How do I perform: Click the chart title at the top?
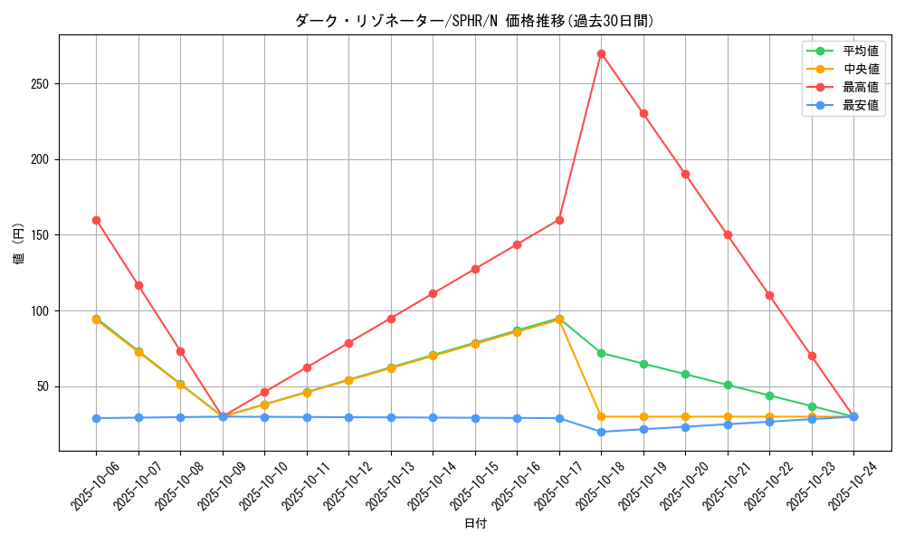click(474, 21)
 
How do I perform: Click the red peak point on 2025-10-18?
click(601, 53)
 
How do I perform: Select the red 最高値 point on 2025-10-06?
click(96, 220)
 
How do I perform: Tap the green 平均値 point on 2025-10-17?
click(559, 319)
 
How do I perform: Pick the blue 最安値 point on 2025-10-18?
click(601, 432)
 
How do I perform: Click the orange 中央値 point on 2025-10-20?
click(685, 416)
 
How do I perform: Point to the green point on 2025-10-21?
click(728, 385)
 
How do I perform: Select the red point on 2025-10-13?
click(391, 319)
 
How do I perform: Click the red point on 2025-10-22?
click(769, 295)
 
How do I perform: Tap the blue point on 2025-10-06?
click(96, 418)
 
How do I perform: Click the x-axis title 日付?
click(475, 524)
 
